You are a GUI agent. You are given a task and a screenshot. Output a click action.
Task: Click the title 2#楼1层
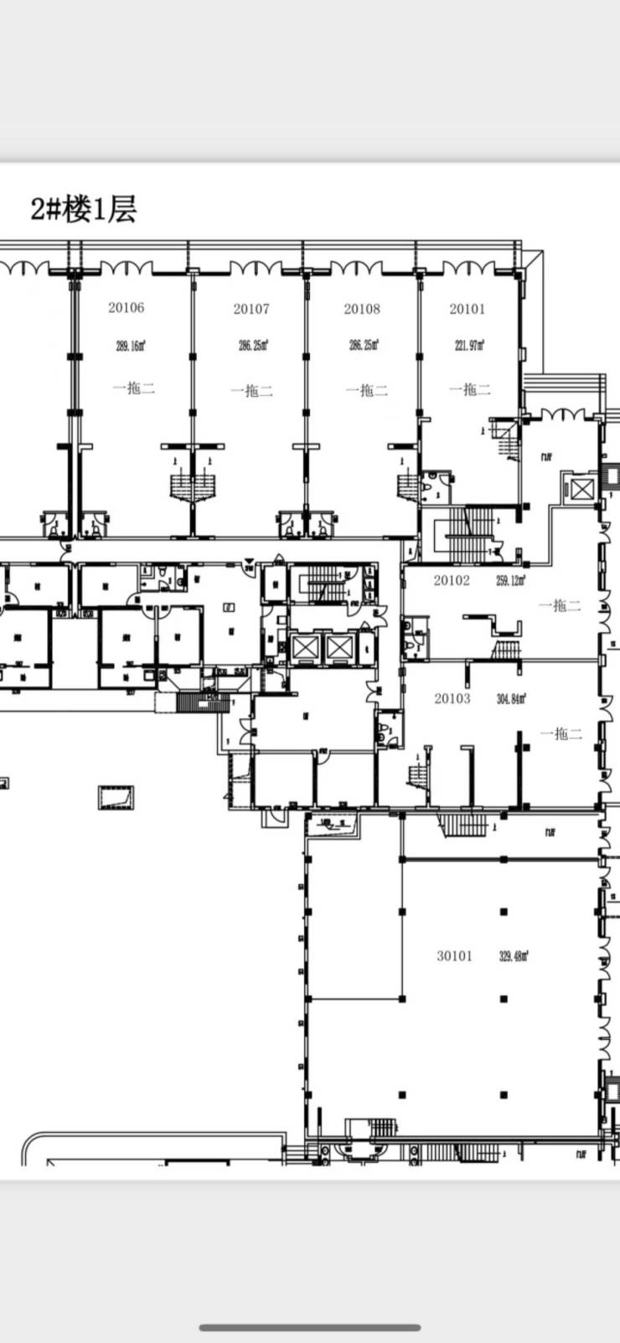point(83,208)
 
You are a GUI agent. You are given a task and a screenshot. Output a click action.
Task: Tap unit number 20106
point(126,307)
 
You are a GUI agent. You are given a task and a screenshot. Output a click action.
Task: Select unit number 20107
point(251,309)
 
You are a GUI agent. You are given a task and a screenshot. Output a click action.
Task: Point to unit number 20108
point(362,309)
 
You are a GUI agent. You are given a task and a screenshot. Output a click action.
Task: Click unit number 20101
point(467,309)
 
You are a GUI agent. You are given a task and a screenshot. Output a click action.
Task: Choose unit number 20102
point(452,580)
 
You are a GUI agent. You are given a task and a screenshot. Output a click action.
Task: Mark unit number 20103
point(452,698)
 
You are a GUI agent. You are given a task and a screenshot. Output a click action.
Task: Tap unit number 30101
point(454,955)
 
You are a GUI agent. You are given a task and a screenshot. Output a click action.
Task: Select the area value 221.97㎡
point(470,345)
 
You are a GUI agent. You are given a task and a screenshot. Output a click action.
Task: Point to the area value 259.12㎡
point(511,580)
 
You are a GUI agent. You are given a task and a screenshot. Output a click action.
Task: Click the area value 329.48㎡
point(514,955)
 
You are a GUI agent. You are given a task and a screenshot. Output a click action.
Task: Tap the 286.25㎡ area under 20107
point(253,345)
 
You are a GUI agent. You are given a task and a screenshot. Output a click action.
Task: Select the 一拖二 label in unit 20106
point(134,388)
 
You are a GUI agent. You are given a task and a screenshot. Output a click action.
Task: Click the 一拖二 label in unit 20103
point(561,733)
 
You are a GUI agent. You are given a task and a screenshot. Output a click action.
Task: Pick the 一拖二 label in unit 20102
point(561,605)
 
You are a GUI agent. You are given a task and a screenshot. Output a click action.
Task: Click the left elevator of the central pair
point(305,646)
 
